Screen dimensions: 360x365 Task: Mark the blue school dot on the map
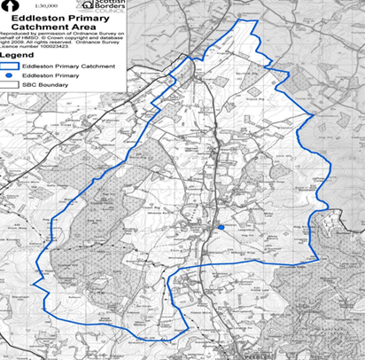[x=220, y=227]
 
